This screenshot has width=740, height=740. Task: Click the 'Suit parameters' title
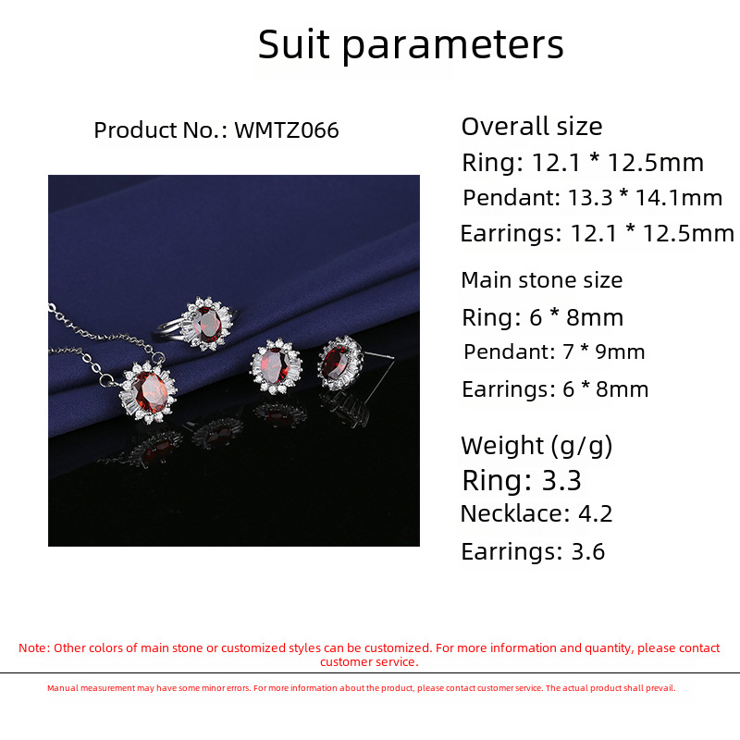[x=411, y=44]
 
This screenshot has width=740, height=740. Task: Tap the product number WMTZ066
[x=287, y=130]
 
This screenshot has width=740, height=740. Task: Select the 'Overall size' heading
[x=532, y=127]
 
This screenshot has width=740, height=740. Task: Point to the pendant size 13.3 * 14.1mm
[x=645, y=197]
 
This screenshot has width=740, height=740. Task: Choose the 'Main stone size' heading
[x=542, y=280]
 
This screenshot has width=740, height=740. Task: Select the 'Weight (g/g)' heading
[x=536, y=446]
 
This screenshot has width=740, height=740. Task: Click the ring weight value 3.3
[x=561, y=480]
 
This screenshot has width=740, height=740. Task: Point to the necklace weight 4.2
[x=595, y=513]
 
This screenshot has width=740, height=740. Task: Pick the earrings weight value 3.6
[x=588, y=551]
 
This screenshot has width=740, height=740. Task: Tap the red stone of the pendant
[x=150, y=391]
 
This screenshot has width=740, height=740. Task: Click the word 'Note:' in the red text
[x=34, y=648]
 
